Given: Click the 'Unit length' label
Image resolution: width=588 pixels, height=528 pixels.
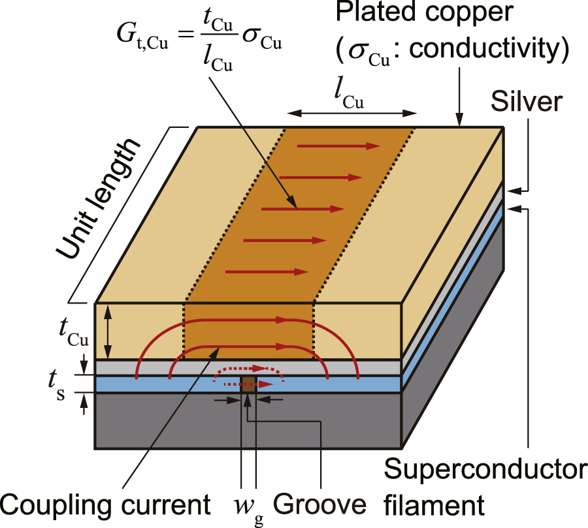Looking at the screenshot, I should coord(97,199).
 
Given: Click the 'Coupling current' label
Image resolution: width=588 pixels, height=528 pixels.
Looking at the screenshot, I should coord(105,505).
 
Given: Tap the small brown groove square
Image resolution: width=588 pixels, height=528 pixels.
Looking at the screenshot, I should coord(248,383).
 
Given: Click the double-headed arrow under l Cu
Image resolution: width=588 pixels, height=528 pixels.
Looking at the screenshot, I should coord(352,114).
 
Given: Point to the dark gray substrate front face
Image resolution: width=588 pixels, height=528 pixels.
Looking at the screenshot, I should coord(248,424).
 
